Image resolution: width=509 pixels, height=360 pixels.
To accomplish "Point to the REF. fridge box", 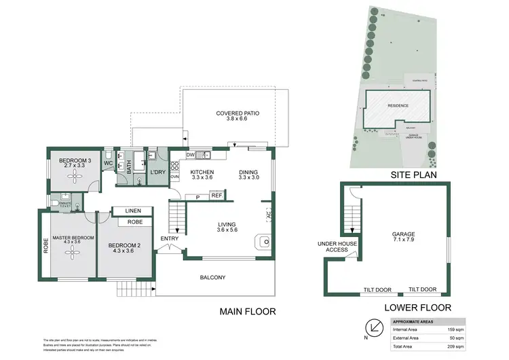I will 217,196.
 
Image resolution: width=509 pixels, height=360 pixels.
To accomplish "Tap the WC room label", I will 108,164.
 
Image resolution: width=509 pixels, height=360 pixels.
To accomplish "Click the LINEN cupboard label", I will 133,211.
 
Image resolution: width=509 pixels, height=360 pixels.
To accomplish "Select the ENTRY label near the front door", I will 170,239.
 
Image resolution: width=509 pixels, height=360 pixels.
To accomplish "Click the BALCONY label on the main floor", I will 212,277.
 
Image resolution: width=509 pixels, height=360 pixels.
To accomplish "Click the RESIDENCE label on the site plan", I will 398,106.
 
